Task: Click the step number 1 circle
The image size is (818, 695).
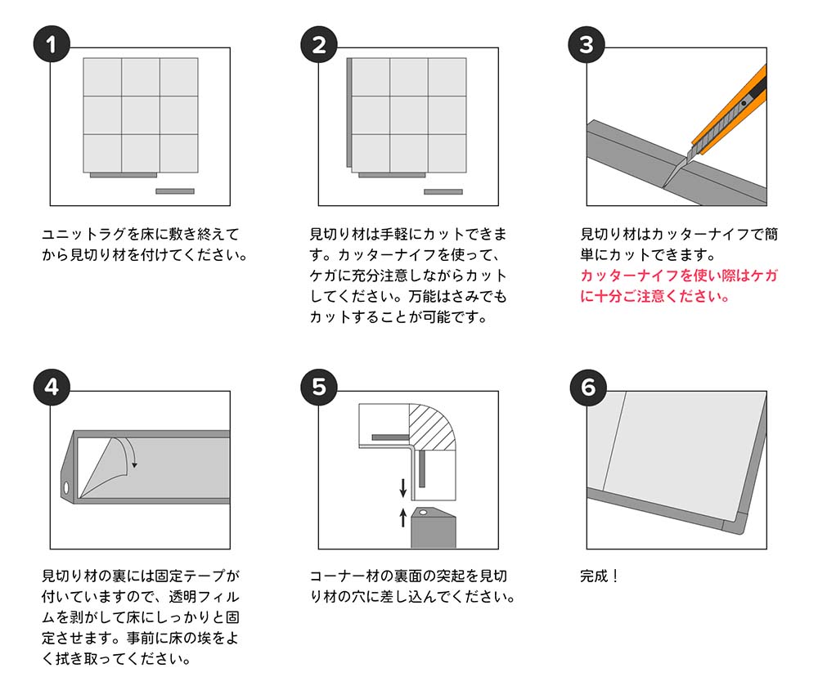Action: [52, 45]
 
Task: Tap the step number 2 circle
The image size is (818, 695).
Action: [319, 45]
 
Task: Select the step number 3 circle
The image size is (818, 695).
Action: [587, 45]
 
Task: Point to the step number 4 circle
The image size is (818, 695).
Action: [52, 388]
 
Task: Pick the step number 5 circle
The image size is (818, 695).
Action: [319, 388]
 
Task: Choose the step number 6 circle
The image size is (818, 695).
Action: [587, 388]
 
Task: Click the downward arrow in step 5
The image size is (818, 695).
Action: [402, 488]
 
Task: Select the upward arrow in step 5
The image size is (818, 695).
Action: [402, 517]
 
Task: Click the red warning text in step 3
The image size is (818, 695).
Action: [678, 286]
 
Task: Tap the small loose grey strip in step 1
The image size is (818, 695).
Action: [174, 191]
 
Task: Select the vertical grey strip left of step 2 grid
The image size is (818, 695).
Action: [349, 114]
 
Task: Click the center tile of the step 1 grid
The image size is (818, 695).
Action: [141, 114]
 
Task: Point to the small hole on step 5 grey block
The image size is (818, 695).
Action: [423, 511]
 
